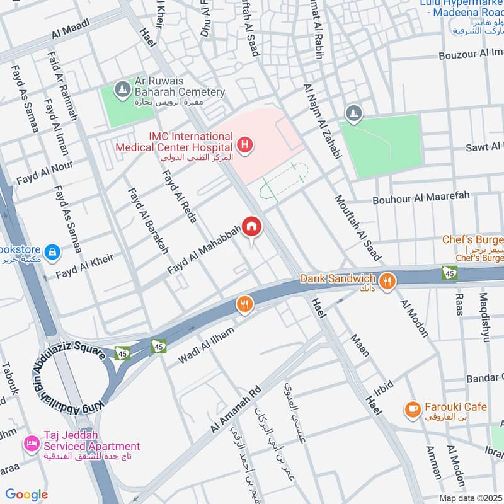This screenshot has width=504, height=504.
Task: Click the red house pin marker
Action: [x=251, y=226]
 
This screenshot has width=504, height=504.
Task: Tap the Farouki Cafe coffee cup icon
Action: [x=413, y=409]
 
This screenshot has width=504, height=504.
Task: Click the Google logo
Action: [x=26, y=495]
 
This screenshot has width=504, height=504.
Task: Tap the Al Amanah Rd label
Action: [x=234, y=409]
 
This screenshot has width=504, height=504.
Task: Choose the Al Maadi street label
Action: [x=71, y=29]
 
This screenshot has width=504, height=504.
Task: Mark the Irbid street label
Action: [x=383, y=386]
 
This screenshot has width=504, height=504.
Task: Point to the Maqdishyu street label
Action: [x=484, y=318]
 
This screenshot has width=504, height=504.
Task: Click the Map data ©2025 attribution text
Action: [x=469, y=498]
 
